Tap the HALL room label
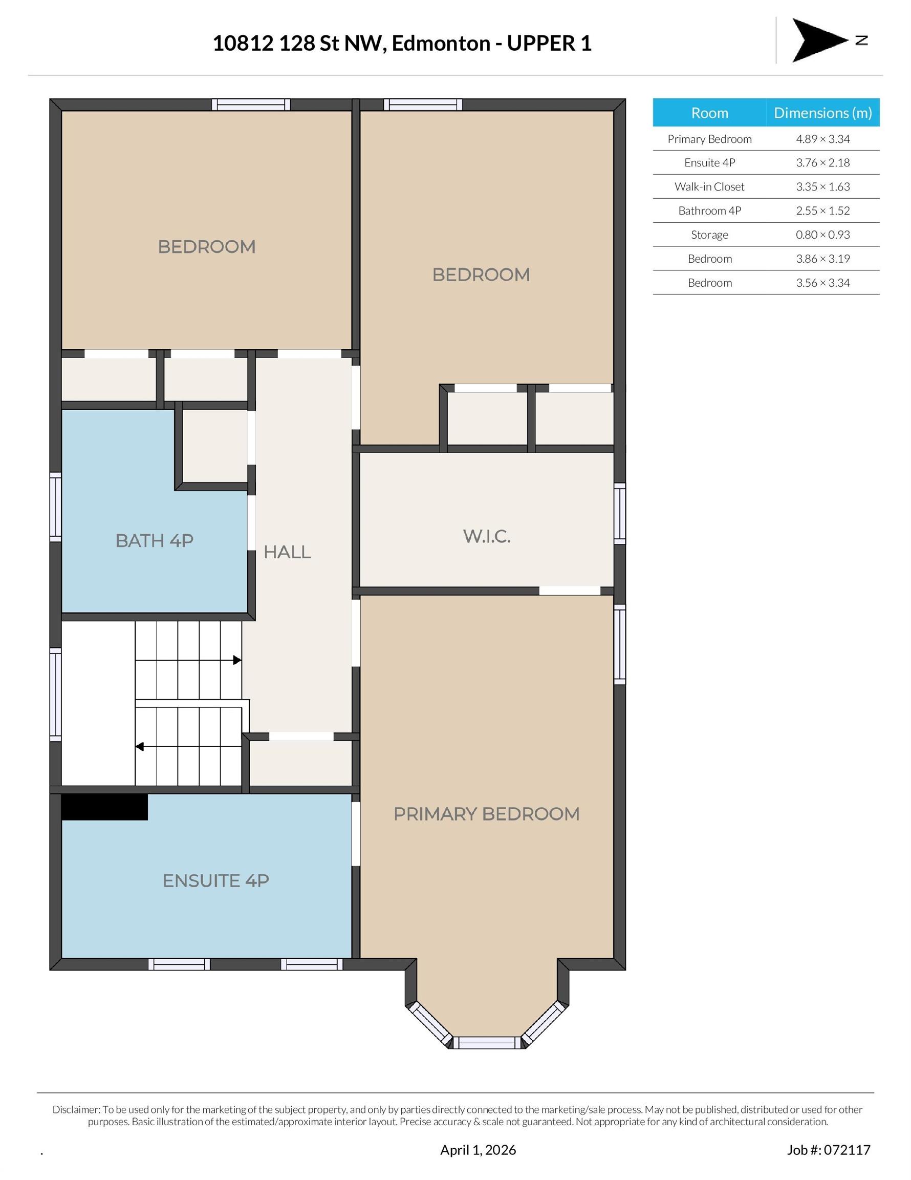point(287,552)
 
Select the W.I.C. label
point(487,536)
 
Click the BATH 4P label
point(155,540)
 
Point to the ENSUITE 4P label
point(216,881)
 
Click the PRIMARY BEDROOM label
point(487,814)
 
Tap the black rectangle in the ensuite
point(104,807)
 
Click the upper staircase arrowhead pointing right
point(237,660)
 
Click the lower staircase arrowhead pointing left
point(139,747)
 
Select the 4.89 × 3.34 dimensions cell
point(822,139)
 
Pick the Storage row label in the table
point(709,235)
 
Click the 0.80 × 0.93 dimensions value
point(822,235)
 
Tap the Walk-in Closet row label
point(709,186)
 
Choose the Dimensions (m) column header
point(823,112)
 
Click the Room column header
point(709,112)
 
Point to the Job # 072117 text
point(829,1150)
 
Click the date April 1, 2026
point(478,1150)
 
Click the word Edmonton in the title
point(441,43)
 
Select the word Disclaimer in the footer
point(76,1109)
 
